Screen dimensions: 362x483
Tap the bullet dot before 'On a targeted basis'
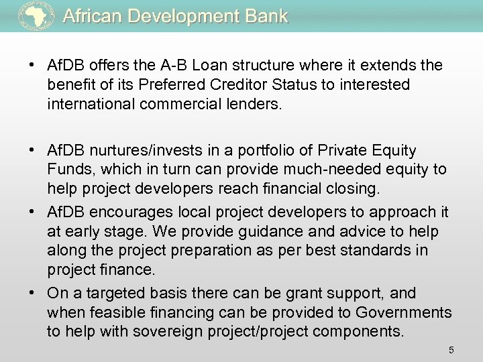32,293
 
